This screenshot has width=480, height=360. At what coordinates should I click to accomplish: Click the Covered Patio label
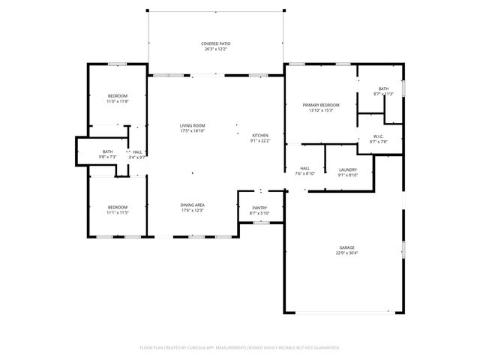click(215, 44)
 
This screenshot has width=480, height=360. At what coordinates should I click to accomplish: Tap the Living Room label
click(192, 125)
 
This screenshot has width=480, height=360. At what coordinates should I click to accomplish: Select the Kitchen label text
click(259, 135)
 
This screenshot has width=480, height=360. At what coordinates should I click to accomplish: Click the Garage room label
click(346, 247)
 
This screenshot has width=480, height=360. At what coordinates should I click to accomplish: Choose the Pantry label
click(259, 208)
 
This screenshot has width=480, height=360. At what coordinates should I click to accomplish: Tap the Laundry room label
click(347, 169)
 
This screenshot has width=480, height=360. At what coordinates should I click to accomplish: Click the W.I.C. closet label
click(379, 136)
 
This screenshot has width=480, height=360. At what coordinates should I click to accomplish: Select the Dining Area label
click(192, 205)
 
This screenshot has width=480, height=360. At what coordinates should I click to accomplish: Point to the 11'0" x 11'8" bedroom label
click(117, 101)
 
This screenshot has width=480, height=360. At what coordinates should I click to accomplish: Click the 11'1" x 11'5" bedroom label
click(117, 212)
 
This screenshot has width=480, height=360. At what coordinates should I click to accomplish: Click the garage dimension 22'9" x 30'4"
click(346, 253)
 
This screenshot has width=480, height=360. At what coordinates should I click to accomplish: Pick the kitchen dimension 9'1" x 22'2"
click(259, 141)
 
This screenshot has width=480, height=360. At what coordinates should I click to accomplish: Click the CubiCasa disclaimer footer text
click(240, 347)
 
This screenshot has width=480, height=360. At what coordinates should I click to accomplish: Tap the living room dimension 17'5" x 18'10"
click(192, 131)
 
